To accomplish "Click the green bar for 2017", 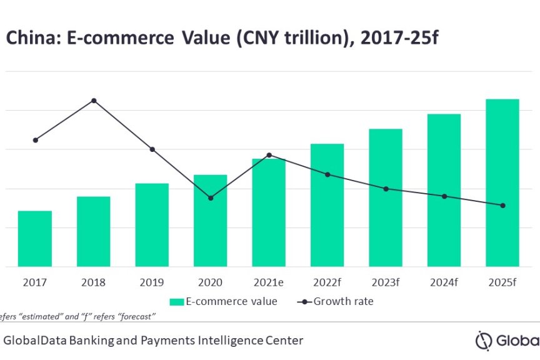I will pos(35,239).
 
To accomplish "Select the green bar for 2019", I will pos(152,225).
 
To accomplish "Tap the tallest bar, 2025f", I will pos(502,182).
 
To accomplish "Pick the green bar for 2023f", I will pos(386,197).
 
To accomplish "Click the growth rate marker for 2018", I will pos(94,101).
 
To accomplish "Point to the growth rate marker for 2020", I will pos(211,198).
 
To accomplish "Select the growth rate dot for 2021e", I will pos(269,155).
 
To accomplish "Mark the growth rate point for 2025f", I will pos(502,206).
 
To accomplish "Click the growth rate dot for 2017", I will pos(36,140).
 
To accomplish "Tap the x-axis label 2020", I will pos(211,282).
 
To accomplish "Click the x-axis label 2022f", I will pos(327,282).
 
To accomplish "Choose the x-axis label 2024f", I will pos(444,282).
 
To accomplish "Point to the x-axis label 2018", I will pos(94,282).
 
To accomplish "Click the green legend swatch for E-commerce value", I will pos(176,302).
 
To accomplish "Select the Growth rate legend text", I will pos(343,302).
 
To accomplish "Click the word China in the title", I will pos(25,39).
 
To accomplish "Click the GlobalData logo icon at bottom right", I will pos(484,341).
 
